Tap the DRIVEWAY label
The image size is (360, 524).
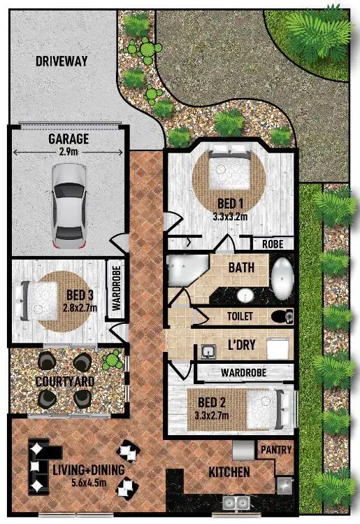point(62,61)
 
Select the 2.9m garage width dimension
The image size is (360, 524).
point(68,150)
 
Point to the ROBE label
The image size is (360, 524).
point(272,245)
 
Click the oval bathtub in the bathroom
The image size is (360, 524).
point(282,278)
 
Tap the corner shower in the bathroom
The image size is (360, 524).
point(183,270)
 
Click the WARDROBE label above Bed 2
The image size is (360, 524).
point(242,372)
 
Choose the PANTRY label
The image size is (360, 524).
point(275,450)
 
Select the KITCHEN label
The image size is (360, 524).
point(229,472)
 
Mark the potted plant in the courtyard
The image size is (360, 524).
point(110,361)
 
